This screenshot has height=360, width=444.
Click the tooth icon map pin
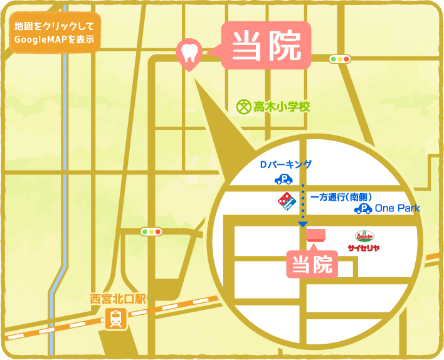coord(189,52)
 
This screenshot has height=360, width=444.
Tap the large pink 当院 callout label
coord(267,45)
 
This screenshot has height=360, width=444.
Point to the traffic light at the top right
coord(340,59)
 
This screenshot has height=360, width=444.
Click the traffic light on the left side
coord(151,231)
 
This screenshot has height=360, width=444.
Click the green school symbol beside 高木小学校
coord(243,107)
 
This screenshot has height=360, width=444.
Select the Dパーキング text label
coord(285,165)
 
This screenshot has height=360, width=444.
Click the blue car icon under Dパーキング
coord(283,179)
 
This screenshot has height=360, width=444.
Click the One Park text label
coord(397,208)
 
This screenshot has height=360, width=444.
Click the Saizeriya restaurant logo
coord(364,241)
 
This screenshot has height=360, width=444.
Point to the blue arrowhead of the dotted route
coord(303,223)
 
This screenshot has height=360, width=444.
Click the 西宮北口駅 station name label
coord(117,298)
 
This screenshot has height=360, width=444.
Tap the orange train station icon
coord(116,319)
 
